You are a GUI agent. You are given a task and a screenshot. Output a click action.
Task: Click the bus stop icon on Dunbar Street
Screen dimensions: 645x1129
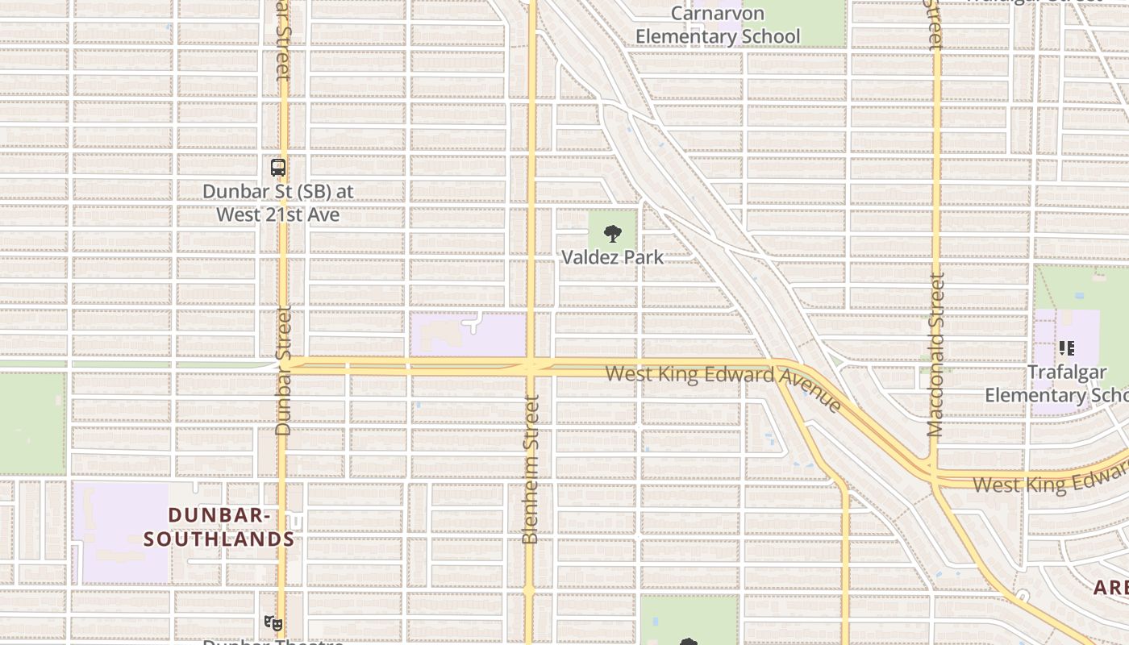coord(278,168)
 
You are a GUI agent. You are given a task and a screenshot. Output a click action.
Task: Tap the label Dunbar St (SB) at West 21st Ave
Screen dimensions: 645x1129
coord(278,203)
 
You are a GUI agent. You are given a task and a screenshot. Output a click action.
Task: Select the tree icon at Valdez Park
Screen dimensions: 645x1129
coord(613,235)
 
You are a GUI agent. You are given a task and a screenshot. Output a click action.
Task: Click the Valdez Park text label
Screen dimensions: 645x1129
coord(613,257)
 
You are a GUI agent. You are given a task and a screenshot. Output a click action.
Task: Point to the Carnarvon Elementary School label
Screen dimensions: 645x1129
coord(718,25)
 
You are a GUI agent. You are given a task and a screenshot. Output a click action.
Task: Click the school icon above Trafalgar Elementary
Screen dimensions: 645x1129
coord(1066,348)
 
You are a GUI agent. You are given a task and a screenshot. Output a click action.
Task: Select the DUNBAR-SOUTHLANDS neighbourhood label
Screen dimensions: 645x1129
coord(219,526)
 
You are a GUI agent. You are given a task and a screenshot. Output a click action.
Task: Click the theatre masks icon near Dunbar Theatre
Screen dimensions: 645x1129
coord(273,622)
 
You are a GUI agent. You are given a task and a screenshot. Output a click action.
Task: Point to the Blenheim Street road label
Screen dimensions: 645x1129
coord(530,469)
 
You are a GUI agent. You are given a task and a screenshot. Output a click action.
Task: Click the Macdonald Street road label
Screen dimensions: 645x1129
coord(935,355)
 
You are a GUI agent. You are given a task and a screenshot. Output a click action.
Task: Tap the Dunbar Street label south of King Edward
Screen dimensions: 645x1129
coord(282,371)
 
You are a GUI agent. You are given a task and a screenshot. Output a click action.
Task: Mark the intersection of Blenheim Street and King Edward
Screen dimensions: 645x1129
coord(531,367)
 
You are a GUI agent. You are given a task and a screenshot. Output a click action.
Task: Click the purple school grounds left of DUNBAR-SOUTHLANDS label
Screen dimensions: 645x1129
coord(121,532)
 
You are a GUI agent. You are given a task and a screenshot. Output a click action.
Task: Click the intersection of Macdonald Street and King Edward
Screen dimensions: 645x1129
coord(934,472)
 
